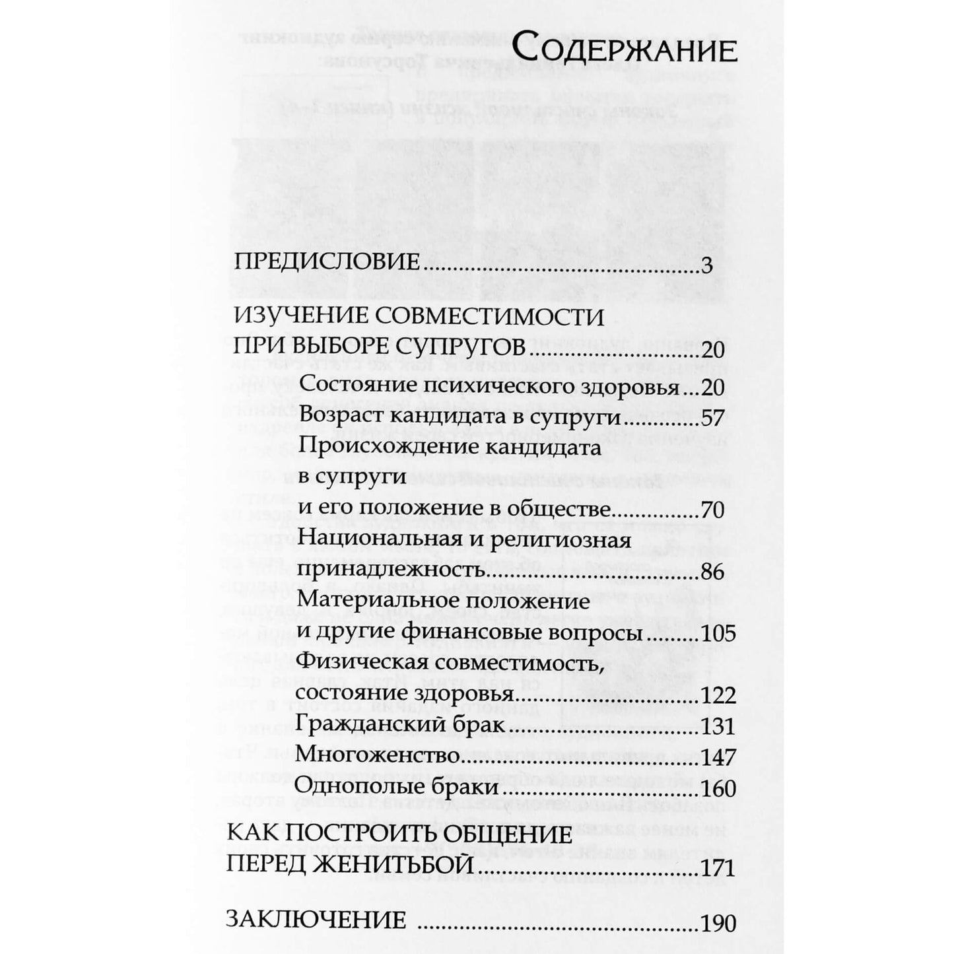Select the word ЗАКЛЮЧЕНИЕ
click(x=317, y=922)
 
